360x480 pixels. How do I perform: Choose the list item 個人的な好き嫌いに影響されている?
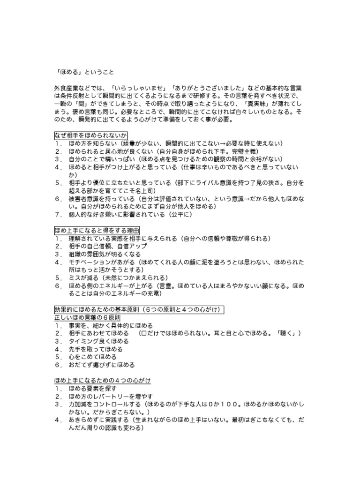(117, 215)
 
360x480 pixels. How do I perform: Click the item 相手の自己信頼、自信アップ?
(108, 247)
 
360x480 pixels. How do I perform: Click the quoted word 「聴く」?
(284, 333)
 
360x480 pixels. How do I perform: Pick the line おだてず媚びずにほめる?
(101, 365)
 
